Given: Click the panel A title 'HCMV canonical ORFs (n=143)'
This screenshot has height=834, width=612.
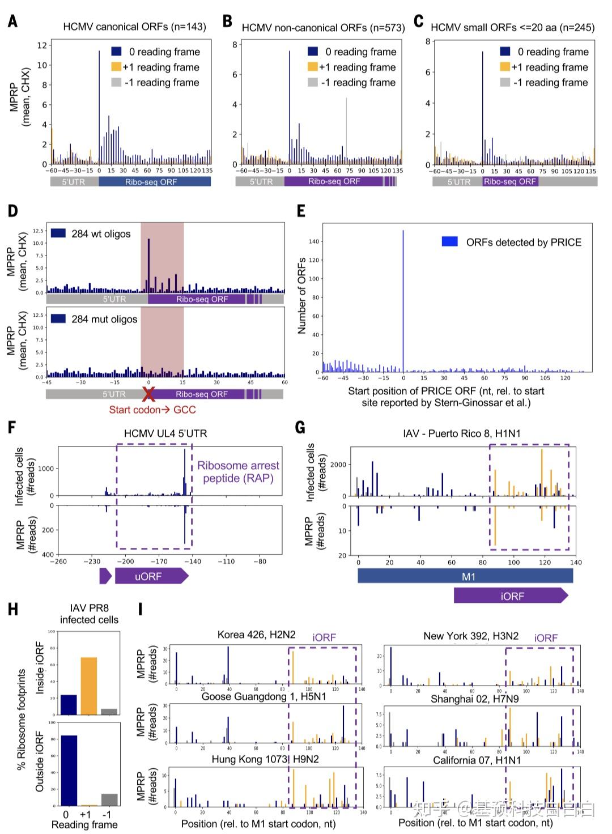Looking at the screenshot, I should pyautogui.click(x=134, y=27).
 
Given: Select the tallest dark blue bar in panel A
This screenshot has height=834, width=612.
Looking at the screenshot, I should pyautogui.click(x=99, y=108).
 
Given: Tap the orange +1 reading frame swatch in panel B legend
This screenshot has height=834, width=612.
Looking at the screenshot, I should pyautogui.click(x=312, y=67).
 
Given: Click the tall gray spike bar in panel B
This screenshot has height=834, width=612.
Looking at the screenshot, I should pyautogui.click(x=347, y=130).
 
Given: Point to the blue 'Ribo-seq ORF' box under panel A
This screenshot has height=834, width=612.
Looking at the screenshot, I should pyautogui.click(x=154, y=182).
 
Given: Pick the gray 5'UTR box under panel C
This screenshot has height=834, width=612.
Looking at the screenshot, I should pyautogui.click(x=458, y=182).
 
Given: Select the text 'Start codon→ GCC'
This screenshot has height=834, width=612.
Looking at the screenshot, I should pyautogui.click(x=152, y=410).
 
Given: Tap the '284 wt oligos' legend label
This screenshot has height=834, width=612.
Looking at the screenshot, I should pyautogui.click(x=101, y=234).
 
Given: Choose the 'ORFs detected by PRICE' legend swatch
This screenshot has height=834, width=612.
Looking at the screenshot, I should pyautogui.click(x=450, y=242).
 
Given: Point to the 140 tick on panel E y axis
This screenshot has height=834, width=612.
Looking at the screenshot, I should pyautogui.click(x=314, y=241).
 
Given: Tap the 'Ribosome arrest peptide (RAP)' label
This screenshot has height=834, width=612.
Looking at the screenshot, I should pyautogui.click(x=238, y=472).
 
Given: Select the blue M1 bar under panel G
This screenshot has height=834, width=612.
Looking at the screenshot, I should pyautogui.click(x=465, y=576).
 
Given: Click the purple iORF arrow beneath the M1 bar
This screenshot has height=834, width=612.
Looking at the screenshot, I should pyautogui.click(x=511, y=595).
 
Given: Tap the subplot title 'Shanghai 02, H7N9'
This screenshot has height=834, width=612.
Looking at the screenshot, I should pyautogui.click(x=474, y=699).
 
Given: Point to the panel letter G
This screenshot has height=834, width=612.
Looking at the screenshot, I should pyautogui.click(x=300, y=427).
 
